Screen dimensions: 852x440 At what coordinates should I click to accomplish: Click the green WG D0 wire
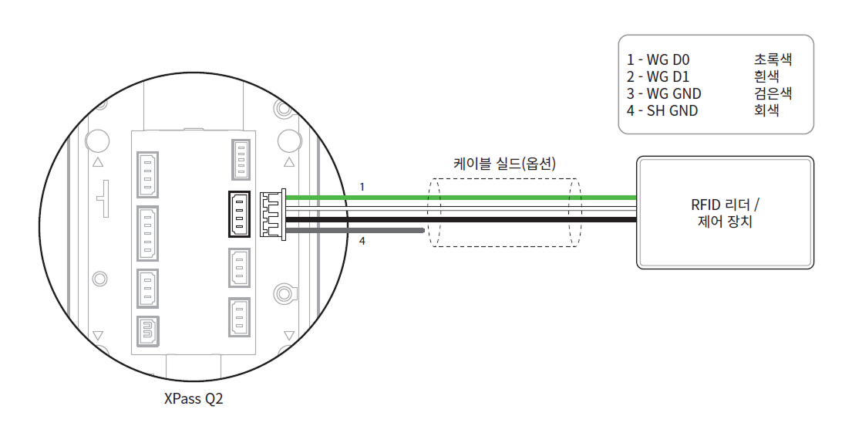coord(461,198)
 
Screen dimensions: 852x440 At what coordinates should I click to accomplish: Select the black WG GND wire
coord(461,220)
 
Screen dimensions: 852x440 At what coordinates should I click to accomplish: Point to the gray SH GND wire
coord(354,231)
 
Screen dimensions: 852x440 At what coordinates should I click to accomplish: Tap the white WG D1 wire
coord(461,209)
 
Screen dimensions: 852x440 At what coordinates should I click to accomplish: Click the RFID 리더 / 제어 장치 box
coord(725,212)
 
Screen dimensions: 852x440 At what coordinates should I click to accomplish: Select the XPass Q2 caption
coord(194,398)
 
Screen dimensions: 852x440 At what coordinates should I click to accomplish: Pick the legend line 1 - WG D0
coord(658,59)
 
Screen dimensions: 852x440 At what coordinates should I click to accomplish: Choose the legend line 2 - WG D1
coord(658,76)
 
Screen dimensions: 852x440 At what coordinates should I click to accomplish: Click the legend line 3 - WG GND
coord(664,93)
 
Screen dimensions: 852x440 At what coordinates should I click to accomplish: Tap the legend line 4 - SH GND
coord(662,110)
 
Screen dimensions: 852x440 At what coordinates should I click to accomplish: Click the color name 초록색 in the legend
coord(773,59)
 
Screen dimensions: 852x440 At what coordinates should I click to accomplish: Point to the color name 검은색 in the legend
coord(773,93)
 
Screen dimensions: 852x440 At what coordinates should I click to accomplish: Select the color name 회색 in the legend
coord(766,110)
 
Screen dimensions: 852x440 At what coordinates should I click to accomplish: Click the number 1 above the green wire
coord(362,187)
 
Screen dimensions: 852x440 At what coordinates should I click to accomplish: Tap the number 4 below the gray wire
coord(362,240)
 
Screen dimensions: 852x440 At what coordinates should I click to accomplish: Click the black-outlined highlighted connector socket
coord(239,214)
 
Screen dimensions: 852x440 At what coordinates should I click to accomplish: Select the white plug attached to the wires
coord(273,214)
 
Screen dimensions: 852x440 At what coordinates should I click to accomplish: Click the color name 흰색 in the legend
coord(766,76)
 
